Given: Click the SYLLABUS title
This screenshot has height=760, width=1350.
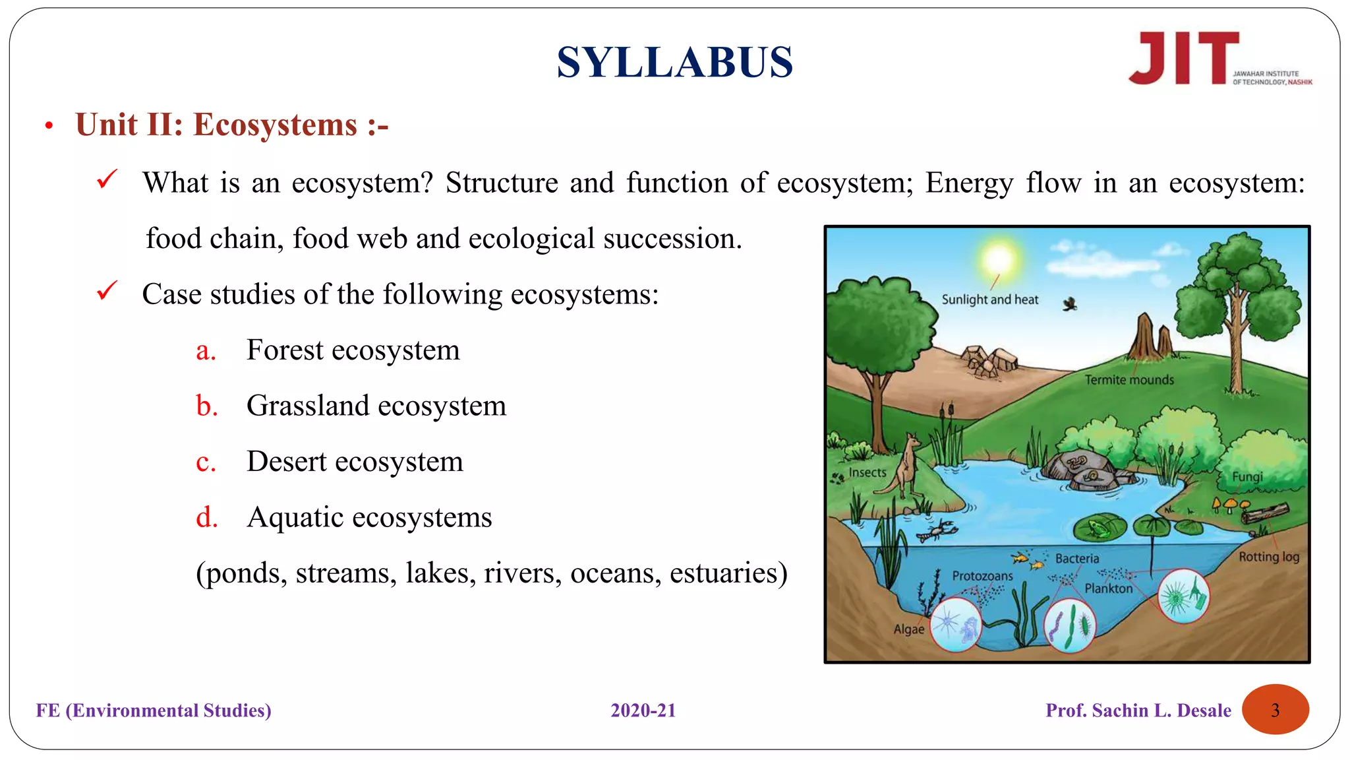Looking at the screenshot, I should click(674, 63).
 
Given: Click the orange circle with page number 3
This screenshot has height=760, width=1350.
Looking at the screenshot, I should click(1275, 710).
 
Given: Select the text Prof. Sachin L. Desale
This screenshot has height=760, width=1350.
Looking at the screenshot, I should click(1138, 711).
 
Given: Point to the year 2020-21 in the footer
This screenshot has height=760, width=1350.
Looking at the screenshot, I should click(643, 711).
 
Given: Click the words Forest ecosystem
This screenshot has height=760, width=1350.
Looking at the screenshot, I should click(353, 350).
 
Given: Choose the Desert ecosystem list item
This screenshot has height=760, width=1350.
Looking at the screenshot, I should click(355, 462).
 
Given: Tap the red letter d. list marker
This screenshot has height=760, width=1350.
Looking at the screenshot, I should click(206, 517).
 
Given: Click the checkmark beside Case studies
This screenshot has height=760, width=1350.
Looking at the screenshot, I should click(107, 291).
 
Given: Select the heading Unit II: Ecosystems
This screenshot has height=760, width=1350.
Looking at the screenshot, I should click(232, 125).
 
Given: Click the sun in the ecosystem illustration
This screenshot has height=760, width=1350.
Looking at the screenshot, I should click(999, 258).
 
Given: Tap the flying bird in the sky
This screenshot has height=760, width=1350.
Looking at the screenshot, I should click(1069, 303).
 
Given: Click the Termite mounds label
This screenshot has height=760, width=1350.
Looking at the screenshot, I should click(1129, 380).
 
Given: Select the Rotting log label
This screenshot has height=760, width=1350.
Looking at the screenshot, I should click(1268, 557).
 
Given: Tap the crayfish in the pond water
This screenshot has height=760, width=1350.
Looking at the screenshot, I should click(939, 530).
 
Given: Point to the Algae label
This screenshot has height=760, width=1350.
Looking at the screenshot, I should click(908, 629).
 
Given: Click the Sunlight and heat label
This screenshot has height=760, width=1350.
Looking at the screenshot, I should click(989, 300).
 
